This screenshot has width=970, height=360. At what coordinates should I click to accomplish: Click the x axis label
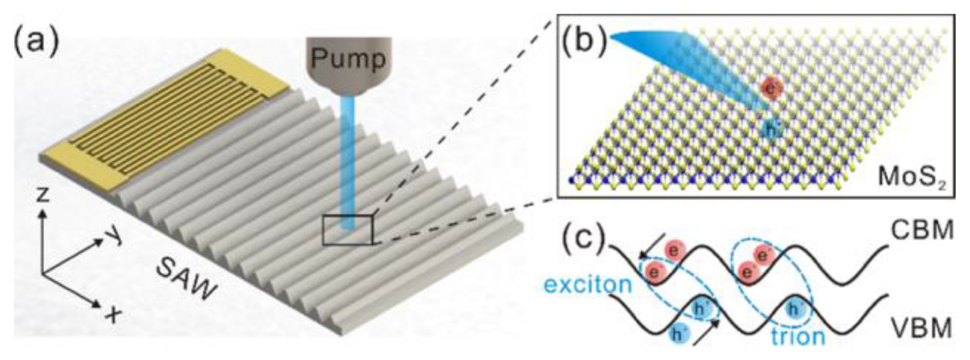(x=112, y=315)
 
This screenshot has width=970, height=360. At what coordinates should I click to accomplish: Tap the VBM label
(x=923, y=324)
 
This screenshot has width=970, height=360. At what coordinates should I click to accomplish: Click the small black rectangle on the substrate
(x=347, y=228)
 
